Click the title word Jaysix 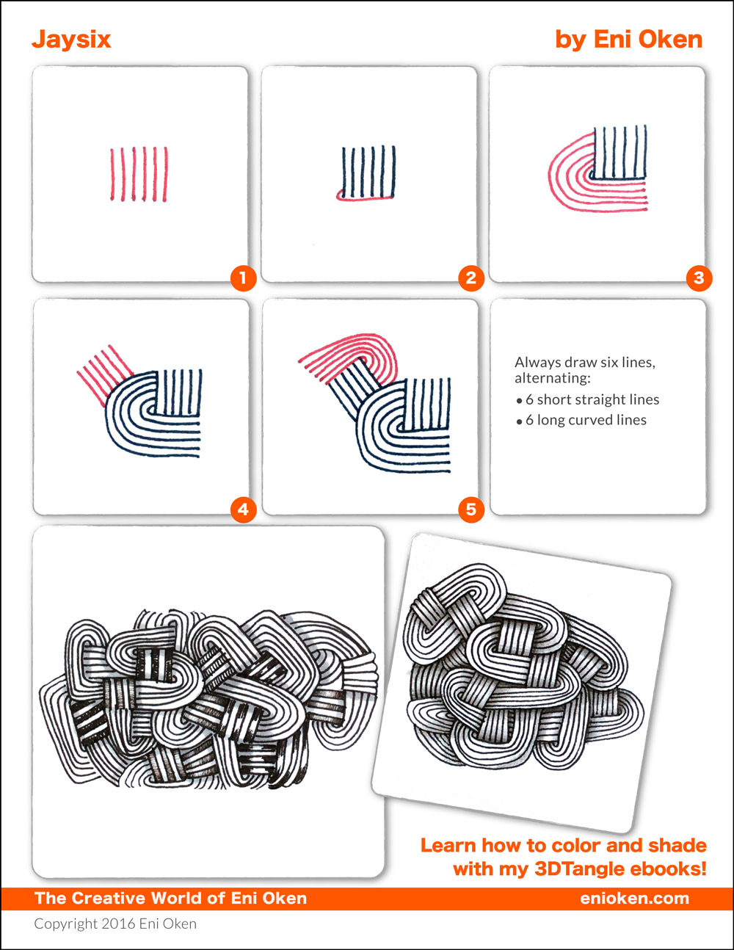coord(71,40)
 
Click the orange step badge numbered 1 coord(244,278)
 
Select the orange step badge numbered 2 coord(471,278)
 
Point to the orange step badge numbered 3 coord(699,278)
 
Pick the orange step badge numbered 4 coord(244,510)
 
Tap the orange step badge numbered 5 coord(471,510)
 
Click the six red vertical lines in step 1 coord(139,174)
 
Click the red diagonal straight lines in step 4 coord(105,375)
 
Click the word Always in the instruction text coord(538,363)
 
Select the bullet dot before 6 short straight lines coord(519,401)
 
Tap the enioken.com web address coord(634,898)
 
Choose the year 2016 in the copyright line coord(118,924)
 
